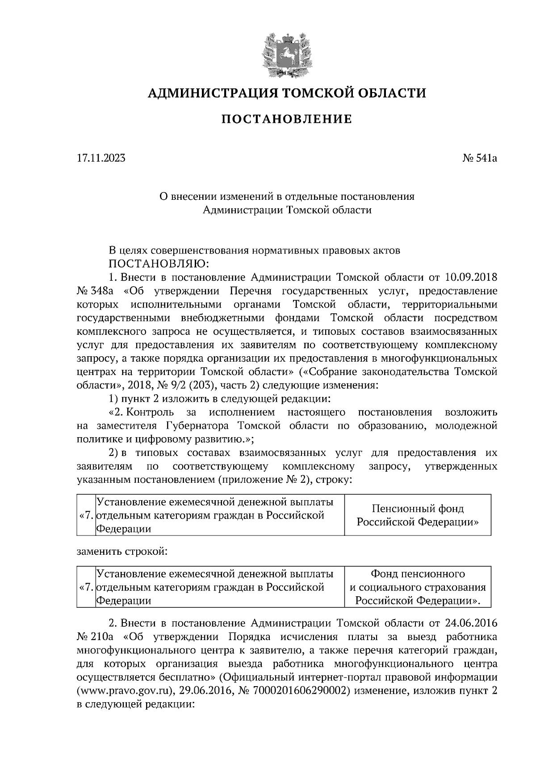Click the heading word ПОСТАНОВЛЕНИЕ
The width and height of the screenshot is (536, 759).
tap(287, 119)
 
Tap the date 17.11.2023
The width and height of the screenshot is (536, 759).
tap(101, 158)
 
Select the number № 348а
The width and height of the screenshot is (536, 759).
tap(95, 291)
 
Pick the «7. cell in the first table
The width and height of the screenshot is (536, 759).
tap(86, 515)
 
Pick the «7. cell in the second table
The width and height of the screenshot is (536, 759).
tap(86, 587)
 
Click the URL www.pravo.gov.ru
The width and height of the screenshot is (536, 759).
tap(125, 691)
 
